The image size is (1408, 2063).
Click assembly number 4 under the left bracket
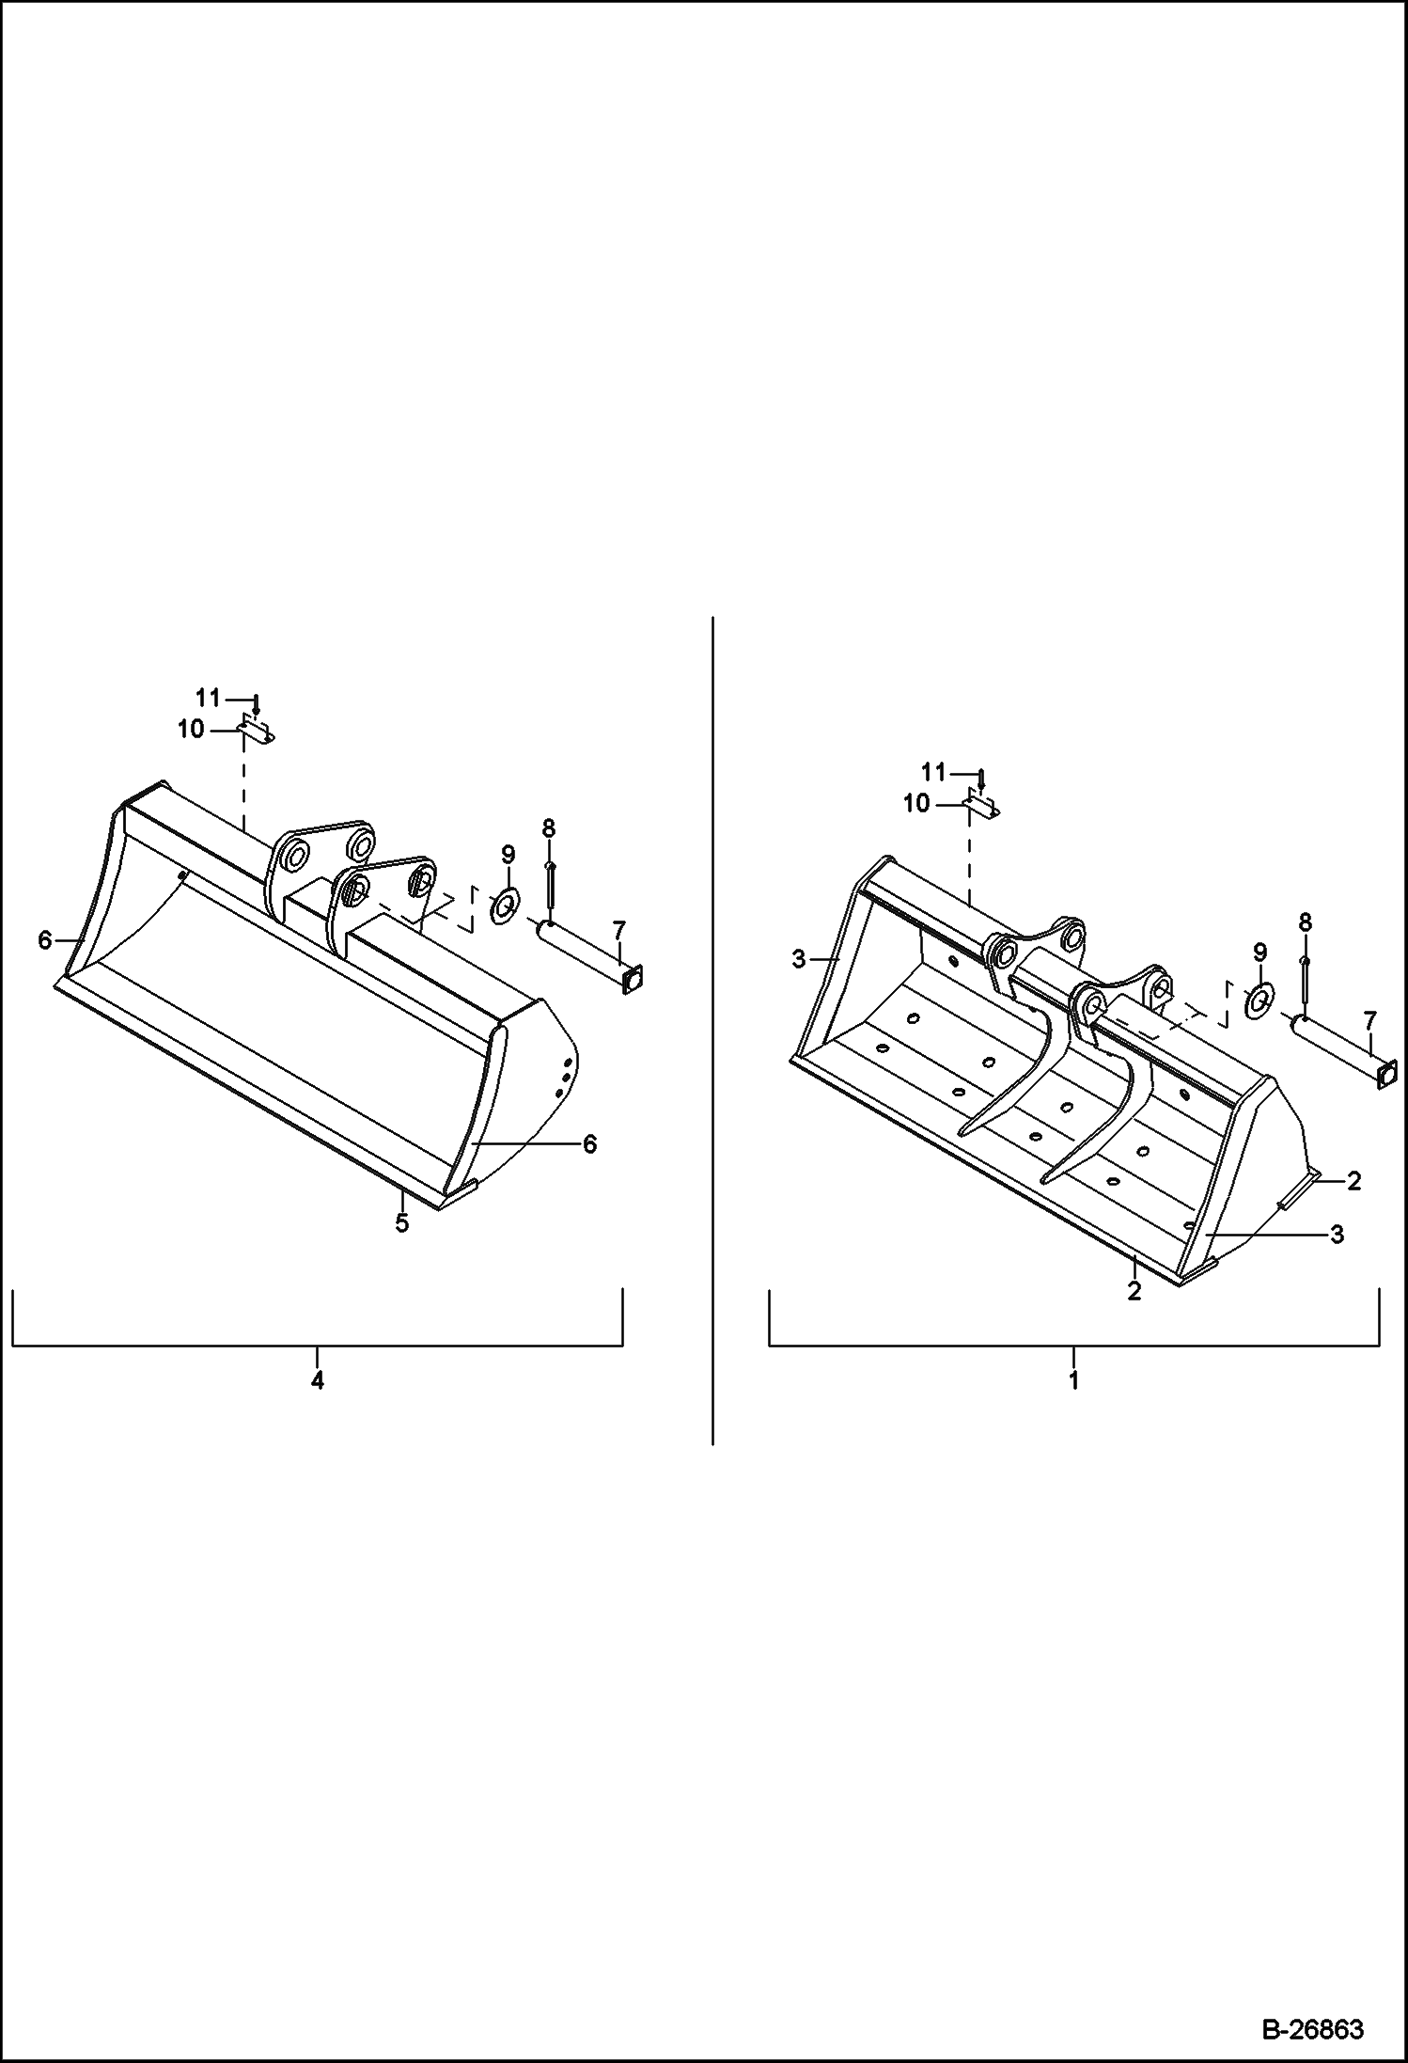coord(318,1380)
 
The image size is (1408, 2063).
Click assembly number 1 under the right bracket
coord(1073,1380)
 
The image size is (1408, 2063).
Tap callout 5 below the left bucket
coord(402,1224)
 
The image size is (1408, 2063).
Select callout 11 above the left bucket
coord(208,698)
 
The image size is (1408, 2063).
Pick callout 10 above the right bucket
coord(916,803)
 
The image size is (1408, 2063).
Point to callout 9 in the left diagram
coord(508,855)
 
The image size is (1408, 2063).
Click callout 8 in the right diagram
coord(1305,922)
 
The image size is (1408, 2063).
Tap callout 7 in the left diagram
coord(618,931)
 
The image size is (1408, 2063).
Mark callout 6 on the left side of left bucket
coord(44,939)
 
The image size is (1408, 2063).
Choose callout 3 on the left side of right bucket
coord(798,959)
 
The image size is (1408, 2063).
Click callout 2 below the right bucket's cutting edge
coord(1134,1292)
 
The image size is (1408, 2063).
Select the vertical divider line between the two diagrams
coord(712,1030)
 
